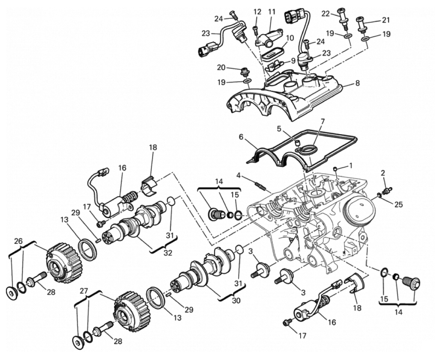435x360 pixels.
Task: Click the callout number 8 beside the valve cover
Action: click(x=357, y=83)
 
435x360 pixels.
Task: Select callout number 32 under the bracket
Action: click(x=168, y=253)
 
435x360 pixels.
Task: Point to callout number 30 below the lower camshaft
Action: click(x=236, y=300)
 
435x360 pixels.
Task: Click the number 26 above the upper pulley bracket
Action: click(x=18, y=241)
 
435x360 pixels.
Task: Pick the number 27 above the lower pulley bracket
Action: click(x=84, y=291)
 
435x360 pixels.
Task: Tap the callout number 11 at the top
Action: click(x=272, y=12)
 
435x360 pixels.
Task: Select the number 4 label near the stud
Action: click(x=238, y=175)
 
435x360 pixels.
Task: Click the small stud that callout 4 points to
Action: click(x=259, y=185)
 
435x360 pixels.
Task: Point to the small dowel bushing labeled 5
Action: click(x=297, y=143)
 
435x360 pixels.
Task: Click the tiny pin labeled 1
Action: click(x=335, y=169)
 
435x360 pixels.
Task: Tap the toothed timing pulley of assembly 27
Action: click(x=132, y=311)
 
